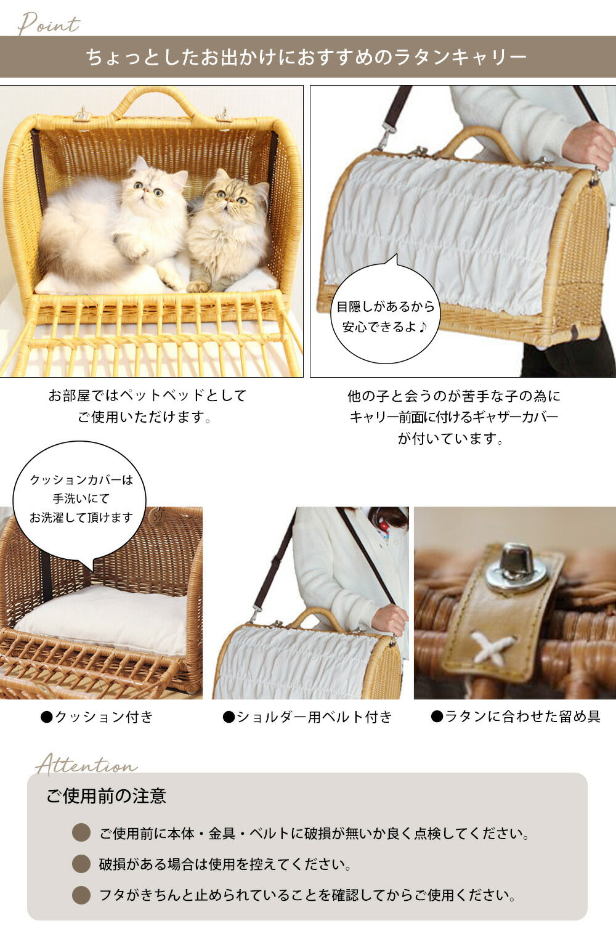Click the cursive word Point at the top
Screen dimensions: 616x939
49,23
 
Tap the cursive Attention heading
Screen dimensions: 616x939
86,765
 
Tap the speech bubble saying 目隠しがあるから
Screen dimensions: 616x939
385,312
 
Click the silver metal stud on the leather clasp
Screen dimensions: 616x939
517,566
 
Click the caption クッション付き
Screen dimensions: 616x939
97,717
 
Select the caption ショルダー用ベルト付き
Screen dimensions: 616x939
307,717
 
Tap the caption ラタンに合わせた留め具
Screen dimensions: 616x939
516,717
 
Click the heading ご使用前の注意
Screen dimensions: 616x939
107,795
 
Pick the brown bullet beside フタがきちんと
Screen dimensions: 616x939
81,895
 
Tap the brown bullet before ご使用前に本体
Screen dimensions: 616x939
81,832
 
